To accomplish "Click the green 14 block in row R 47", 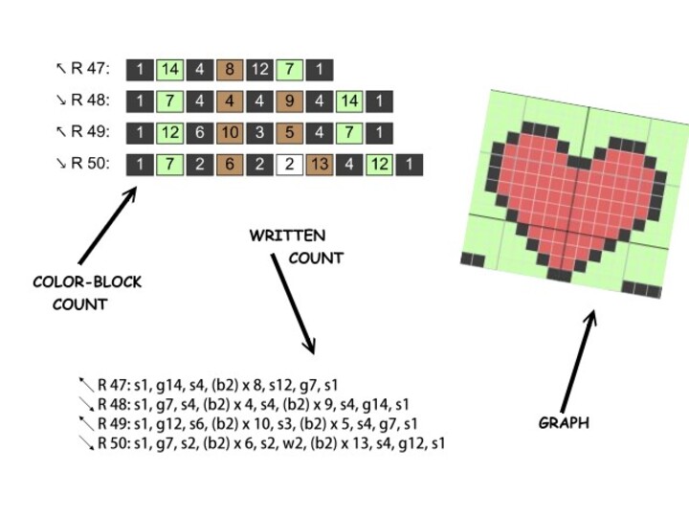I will [x=169, y=68].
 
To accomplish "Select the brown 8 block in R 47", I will [x=230, y=68].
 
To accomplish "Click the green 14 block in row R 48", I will [x=349, y=100].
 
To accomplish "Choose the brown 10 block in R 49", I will [x=230, y=132].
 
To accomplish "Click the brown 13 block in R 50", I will [x=319, y=164].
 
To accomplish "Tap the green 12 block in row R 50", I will [x=379, y=164].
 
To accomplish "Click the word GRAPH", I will [x=564, y=422].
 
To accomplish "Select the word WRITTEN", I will [x=287, y=236].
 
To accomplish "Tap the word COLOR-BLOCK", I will [x=87, y=282].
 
